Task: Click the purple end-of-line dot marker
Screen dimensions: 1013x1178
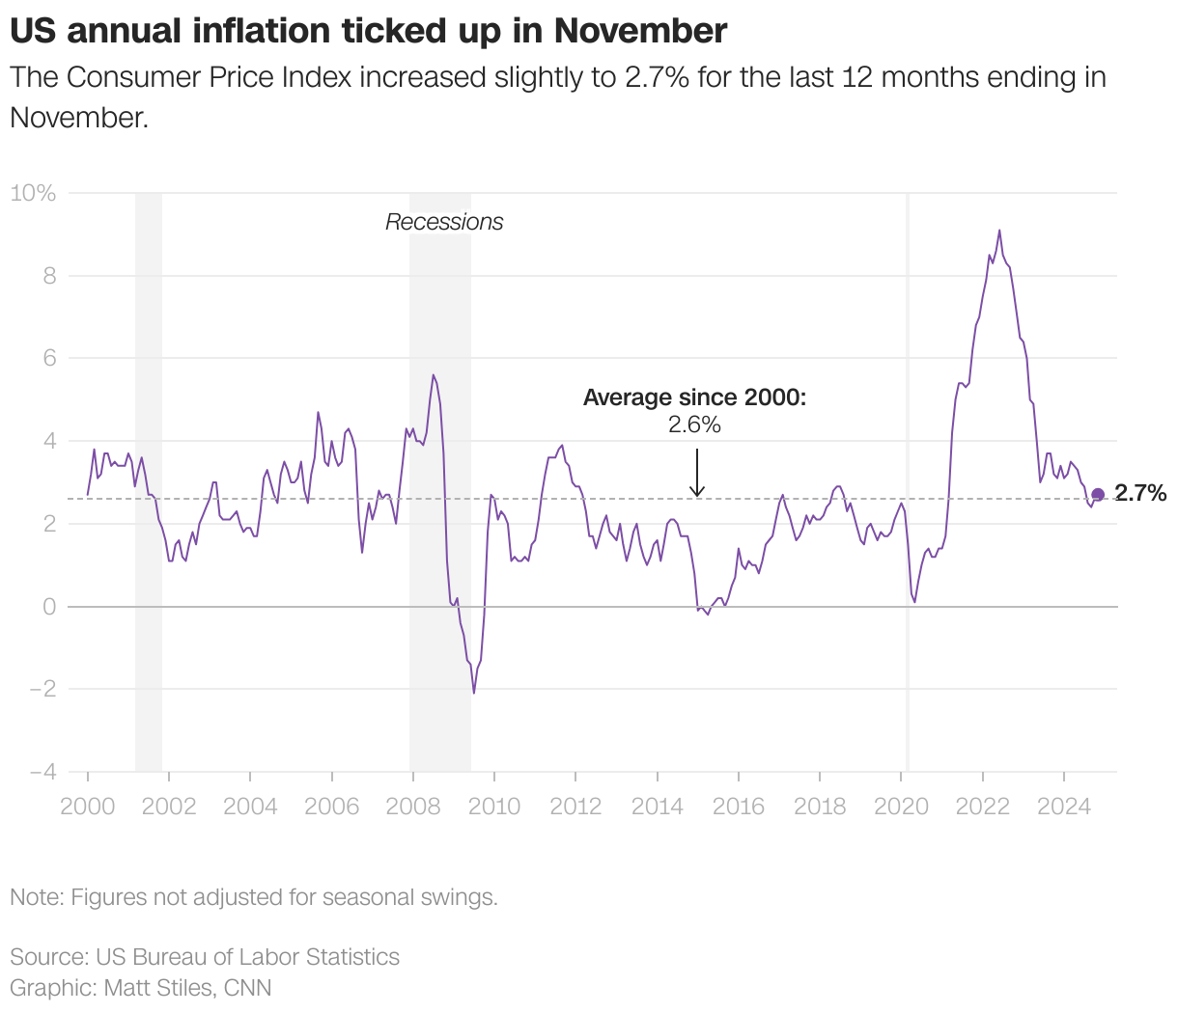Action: point(1098,495)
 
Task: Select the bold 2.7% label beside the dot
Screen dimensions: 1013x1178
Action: point(1141,494)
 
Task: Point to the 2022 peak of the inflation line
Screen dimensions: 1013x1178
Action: point(999,231)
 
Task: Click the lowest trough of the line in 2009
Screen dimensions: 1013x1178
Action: point(474,692)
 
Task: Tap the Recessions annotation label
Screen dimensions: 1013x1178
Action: point(444,222)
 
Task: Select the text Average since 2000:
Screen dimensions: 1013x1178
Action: point(694,397)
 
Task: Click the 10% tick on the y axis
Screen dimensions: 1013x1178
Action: point(33,193)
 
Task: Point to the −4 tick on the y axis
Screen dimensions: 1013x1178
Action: point(42,772)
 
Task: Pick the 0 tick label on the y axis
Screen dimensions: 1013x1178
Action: point(48,607)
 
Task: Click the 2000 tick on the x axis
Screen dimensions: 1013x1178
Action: point(87,806)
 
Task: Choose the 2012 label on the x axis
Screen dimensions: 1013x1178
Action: point(575,806)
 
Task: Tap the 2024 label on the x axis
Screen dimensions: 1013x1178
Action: point(1064,806)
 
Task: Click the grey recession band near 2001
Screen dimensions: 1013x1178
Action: point(149,482)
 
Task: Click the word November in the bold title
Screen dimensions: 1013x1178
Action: point(640,31)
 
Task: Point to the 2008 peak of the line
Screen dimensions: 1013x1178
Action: point(433,375)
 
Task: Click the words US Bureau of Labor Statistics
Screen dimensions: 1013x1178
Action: point(247,957)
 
